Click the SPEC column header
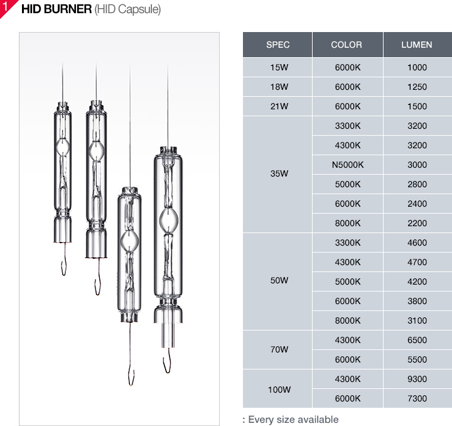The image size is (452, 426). (x=277, y=45)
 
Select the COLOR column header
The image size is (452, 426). (x=346, y=45)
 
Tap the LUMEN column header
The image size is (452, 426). (x=417, y=45)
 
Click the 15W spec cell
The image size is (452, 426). (x=279, y=67)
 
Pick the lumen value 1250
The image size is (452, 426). (x=417, y=87)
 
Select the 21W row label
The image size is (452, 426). (x=279, y=106)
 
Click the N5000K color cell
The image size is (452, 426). (x=348, y=165)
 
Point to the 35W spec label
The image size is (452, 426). (x=279, y=173)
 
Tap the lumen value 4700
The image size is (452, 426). (x=417, y=262)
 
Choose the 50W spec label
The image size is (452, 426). (x=279, y=280)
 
